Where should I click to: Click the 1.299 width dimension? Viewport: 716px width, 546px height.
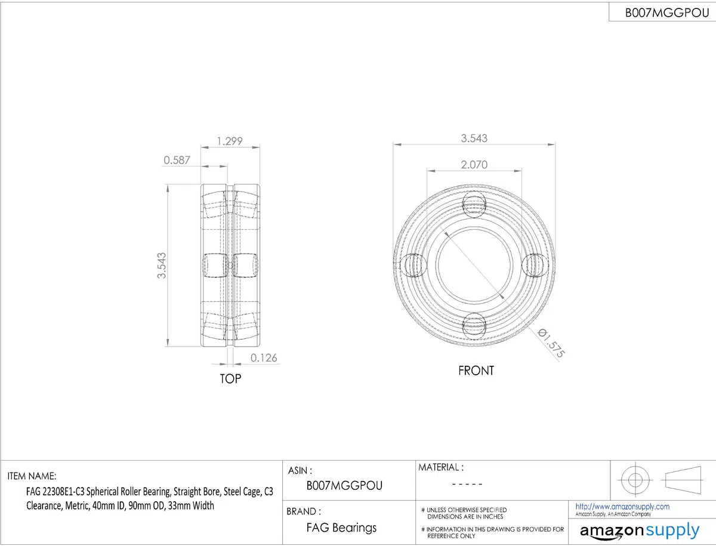230,141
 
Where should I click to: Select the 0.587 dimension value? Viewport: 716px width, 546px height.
177,160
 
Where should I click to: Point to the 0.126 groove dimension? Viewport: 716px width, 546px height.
264,358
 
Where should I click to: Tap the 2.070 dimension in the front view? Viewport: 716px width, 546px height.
474,165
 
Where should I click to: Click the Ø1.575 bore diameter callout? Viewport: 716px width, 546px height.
551,343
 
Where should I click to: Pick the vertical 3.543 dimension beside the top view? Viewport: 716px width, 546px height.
162,265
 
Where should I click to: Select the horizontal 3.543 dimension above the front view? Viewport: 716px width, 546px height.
474,138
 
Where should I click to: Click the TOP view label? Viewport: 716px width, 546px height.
230,379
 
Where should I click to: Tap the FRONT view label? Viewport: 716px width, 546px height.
476,371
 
